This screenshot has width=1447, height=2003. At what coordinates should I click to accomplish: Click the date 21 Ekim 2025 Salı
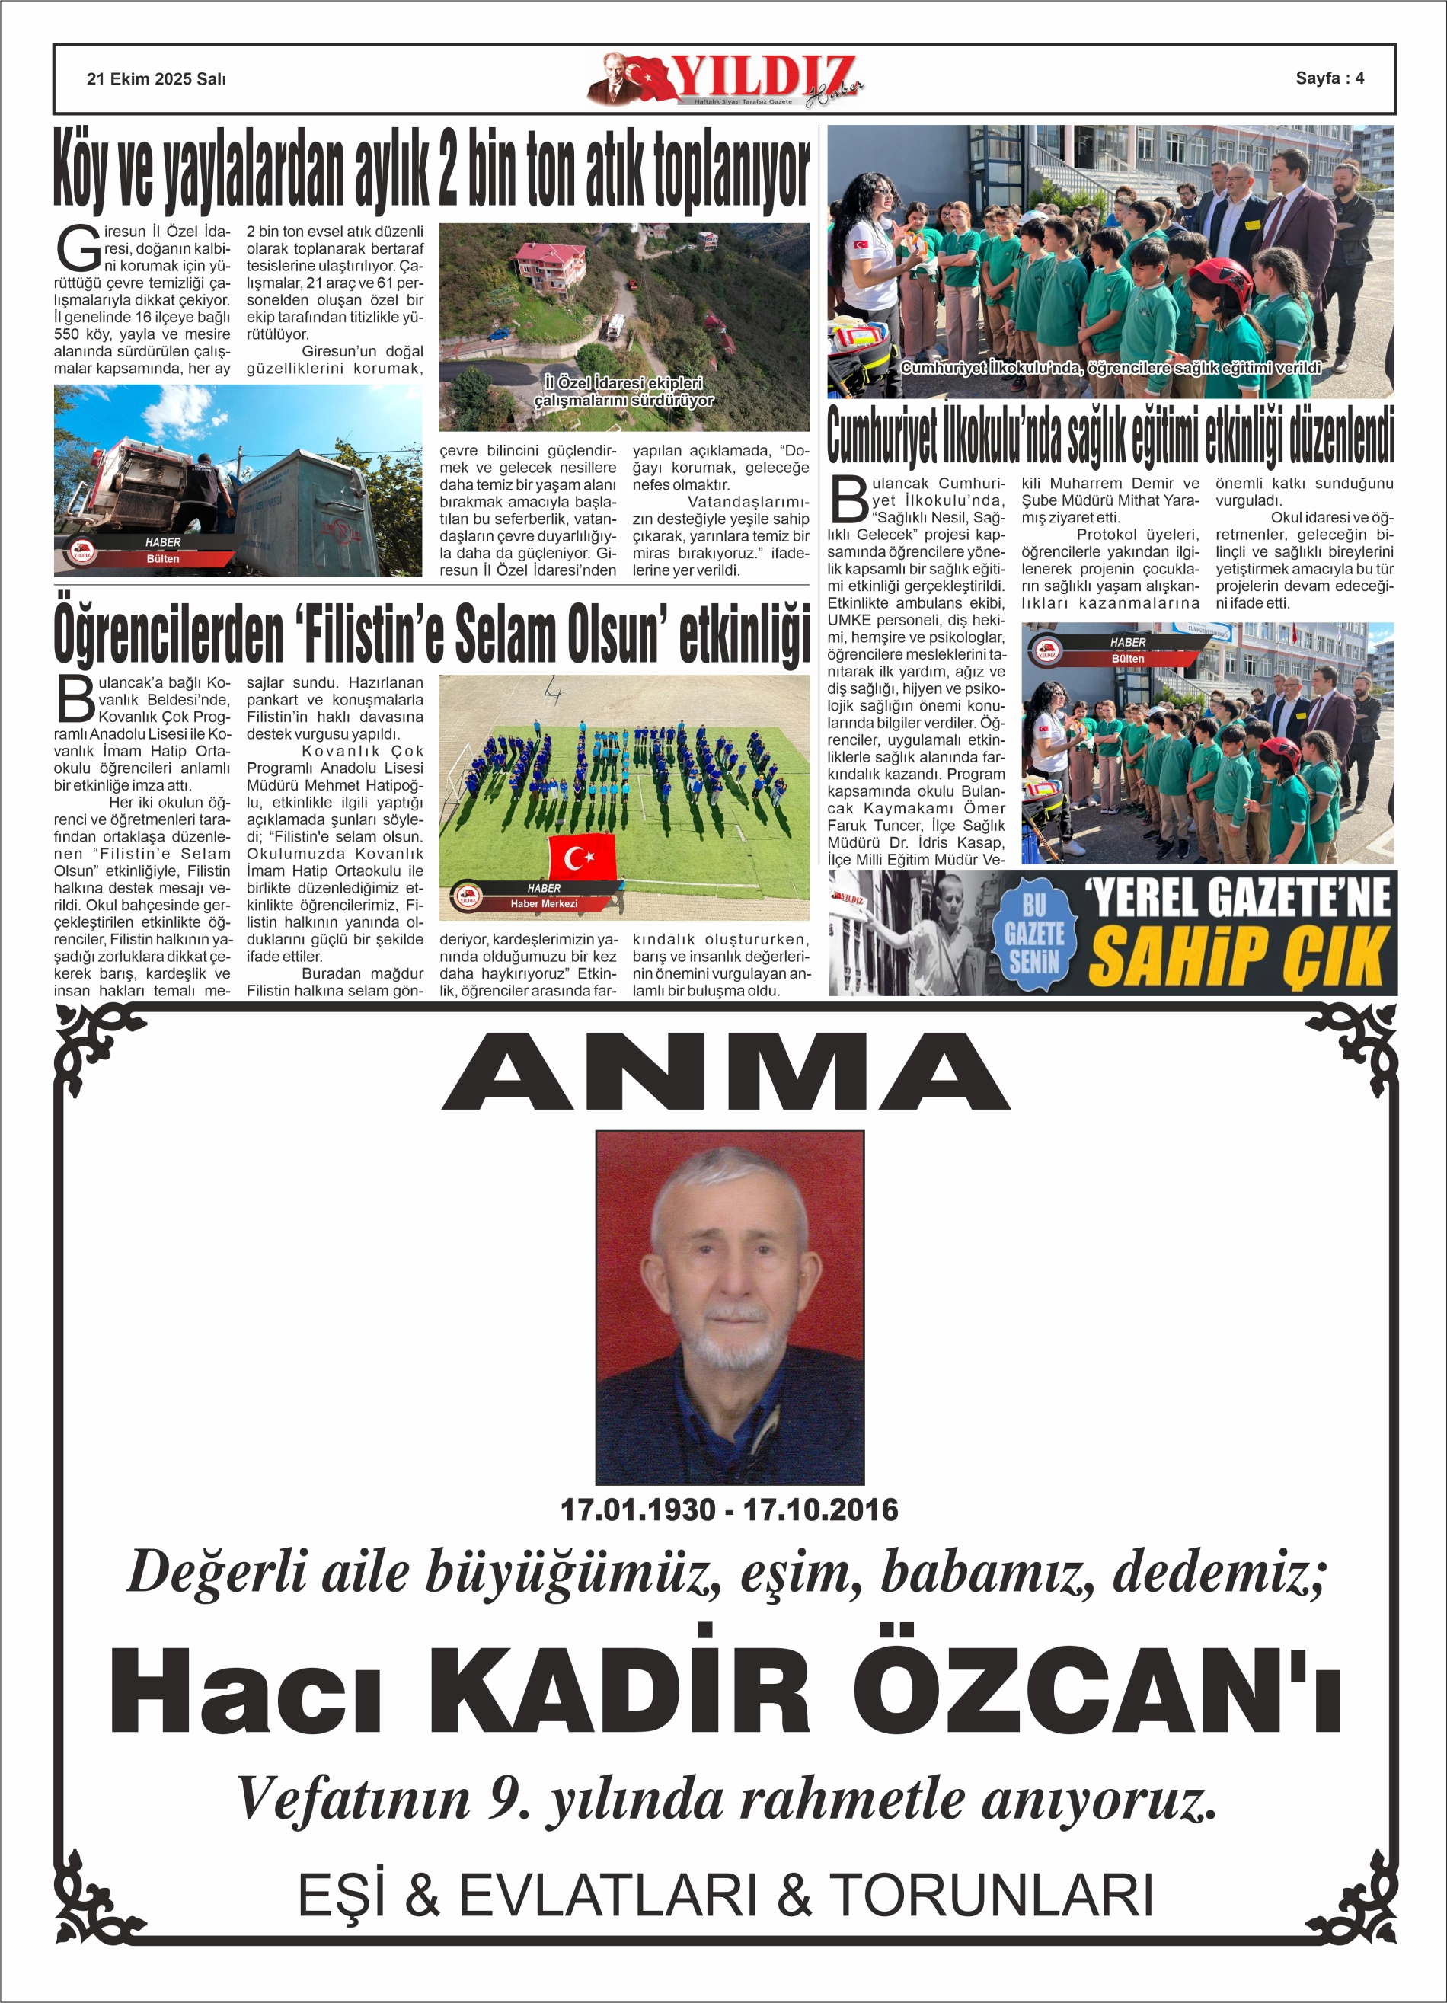coord(156,79)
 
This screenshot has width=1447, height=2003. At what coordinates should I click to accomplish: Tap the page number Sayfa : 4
coord(1329,78)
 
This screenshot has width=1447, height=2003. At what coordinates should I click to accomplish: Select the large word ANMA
coord(725,1072)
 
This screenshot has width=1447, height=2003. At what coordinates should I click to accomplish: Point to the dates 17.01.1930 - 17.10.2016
coord(729,1509)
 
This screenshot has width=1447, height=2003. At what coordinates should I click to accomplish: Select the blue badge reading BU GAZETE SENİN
coord(1033,933)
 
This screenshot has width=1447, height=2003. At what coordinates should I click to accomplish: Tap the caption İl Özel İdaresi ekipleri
coord(624,383)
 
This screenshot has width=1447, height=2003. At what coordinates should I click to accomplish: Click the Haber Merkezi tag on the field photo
coord(543,903)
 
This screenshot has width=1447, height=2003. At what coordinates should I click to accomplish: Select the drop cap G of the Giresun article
coord(78,250)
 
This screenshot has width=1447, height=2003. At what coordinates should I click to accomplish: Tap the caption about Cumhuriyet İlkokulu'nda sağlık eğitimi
coord(1110,367)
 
